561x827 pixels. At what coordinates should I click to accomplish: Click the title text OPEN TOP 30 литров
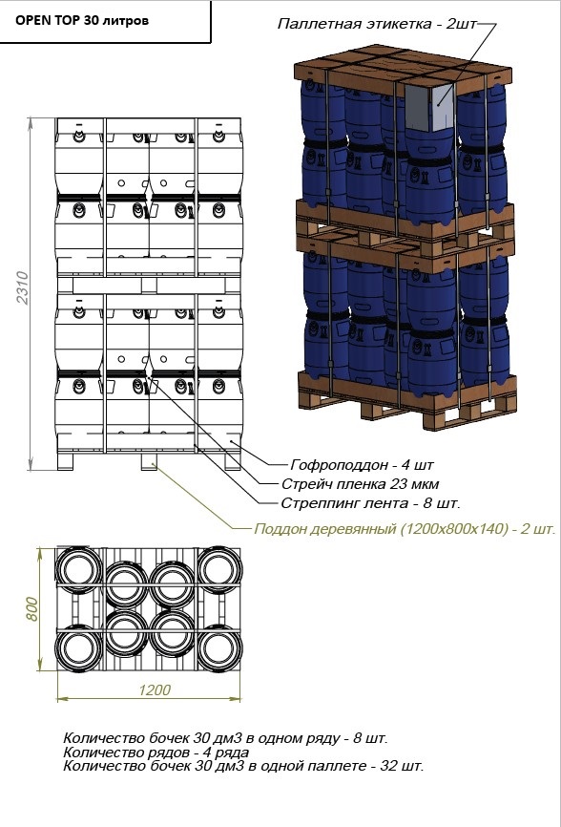pos(82,21)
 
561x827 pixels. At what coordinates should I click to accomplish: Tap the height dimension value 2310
pos(23,287)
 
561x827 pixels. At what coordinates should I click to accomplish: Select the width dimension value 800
pos(31,609)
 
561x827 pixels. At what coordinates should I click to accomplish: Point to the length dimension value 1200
pos(155,689)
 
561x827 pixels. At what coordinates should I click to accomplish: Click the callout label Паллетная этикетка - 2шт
pos(377,24)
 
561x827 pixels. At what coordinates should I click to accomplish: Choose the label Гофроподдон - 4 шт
pos(362,465)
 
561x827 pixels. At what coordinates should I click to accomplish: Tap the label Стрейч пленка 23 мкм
pos(361,483)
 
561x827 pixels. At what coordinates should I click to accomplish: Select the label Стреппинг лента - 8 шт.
pos(370,502)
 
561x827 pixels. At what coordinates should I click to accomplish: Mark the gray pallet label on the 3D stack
pos(429,108)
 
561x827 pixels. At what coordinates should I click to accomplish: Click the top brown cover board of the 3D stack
pos(403,69)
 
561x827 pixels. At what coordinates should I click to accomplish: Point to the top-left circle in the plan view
pos(79,569)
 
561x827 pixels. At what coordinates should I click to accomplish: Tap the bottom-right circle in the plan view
pos(219,647)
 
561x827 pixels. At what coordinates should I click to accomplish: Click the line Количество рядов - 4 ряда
pos(156,752)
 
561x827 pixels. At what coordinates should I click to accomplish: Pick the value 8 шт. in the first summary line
pos(370,738)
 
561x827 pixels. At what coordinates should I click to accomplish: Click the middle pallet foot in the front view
pos(149,462)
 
